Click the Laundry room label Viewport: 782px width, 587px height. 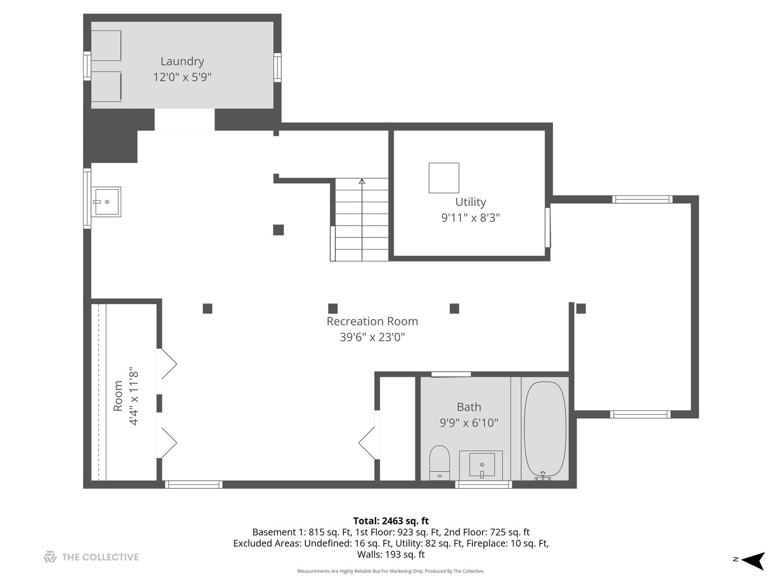click(182, 61)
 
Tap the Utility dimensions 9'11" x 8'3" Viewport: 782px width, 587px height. click(470, 218)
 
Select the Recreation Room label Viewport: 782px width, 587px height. click(372, 321)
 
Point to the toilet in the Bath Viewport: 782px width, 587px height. click(440, 462)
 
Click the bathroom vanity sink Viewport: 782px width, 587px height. click(482, 465)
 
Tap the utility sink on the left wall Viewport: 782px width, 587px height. click(107, 202)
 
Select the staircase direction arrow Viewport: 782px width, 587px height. click(362, 182)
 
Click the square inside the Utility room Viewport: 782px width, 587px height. click(444, 178)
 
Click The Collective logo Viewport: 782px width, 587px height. click(91, 557)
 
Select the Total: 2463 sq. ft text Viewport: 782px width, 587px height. click(390, 521)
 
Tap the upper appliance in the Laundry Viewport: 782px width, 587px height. click(106, 46)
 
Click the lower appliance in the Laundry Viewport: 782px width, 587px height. click(106, 86)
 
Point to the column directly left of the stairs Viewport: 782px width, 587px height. click(278, 230)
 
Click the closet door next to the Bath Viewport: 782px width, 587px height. click(368, 442)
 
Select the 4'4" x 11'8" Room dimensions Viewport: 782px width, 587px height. click(134, 396)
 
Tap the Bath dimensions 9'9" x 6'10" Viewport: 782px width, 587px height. click(469, 423)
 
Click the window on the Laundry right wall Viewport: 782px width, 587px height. click(278, 67)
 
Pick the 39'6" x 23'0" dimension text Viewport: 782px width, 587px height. click(372, 337)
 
